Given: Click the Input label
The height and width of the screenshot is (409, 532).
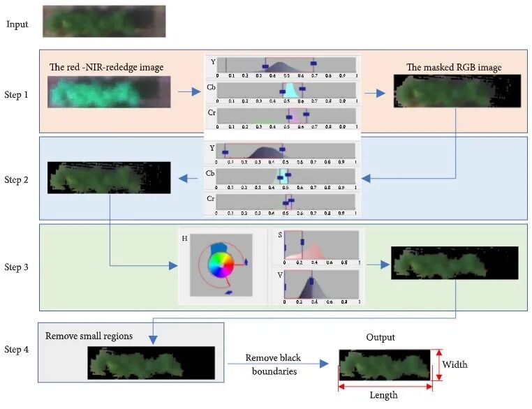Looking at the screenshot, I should coord(17,24).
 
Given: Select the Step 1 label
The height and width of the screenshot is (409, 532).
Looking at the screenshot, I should coord(17,94).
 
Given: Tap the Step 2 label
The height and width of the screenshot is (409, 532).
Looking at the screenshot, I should coord(17,180).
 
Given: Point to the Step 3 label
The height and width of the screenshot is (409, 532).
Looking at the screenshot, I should coord(17,267).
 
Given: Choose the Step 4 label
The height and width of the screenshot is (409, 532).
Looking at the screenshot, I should coord(17,349).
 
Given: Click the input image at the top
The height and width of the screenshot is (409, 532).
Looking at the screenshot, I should coord(104,21).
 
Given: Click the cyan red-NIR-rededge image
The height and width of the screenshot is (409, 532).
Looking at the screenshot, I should coord(109,92).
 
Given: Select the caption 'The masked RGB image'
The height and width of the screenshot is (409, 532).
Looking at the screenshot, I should coord(454,68).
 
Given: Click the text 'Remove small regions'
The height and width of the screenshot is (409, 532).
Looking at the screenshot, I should coord(89,336).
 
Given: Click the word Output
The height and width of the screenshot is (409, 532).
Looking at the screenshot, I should coord(380,337).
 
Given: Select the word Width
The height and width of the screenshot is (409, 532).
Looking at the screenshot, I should coord(455,364).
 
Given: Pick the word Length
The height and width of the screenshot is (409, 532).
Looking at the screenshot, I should coord(383,395).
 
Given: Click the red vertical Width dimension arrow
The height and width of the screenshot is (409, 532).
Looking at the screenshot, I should coord(438,365).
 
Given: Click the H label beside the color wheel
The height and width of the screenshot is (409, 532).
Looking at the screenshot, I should coord(184,238).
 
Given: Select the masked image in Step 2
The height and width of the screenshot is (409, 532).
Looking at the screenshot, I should coord(109,177).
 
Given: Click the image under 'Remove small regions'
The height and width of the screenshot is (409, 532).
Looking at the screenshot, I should coord(151,363).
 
